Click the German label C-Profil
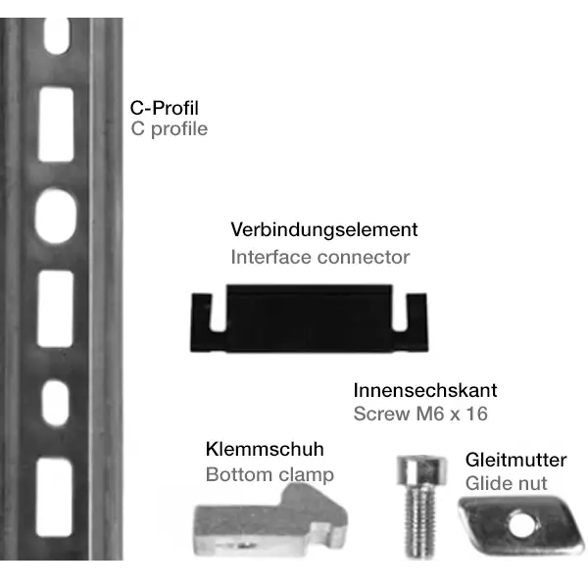coord(165,108)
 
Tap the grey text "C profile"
coord(170,129)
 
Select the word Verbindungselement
coord(324,229)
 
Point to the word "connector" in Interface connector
coord(364,257)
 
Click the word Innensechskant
coord(425,390)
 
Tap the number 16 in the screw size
coord(476,414)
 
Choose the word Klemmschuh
coord(265,449)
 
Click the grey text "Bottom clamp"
coord(269,475)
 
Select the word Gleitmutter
coord(516,461)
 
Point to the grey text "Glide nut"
coord(507,483)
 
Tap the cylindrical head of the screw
coord(421,470)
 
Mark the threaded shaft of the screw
coord(420,521)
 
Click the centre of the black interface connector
coord(310,318)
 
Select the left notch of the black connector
coord(219,312)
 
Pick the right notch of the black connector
coord(400,312)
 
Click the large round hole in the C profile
coord(56,216)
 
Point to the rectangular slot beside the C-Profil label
coord(56,124)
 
